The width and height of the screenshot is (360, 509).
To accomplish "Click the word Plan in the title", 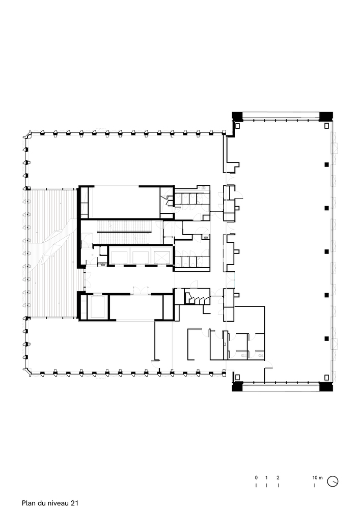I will [29, 503].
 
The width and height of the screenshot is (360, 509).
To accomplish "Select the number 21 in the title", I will [75, 503].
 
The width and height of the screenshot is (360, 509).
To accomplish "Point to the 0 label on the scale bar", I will [256, 478].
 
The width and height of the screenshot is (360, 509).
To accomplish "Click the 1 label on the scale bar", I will [266, 478].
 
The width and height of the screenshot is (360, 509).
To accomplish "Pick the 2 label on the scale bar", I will [278, 478].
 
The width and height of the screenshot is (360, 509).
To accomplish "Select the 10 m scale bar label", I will [317, 478].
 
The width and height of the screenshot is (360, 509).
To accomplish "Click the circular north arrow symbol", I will [333, 480].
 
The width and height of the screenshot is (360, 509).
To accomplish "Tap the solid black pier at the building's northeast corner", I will [326, 116].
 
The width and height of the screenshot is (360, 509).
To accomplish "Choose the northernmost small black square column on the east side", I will [326, 164].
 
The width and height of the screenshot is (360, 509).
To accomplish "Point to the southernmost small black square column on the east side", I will [326, 338].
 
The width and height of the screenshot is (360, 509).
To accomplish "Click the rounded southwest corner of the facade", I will [28, 371].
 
